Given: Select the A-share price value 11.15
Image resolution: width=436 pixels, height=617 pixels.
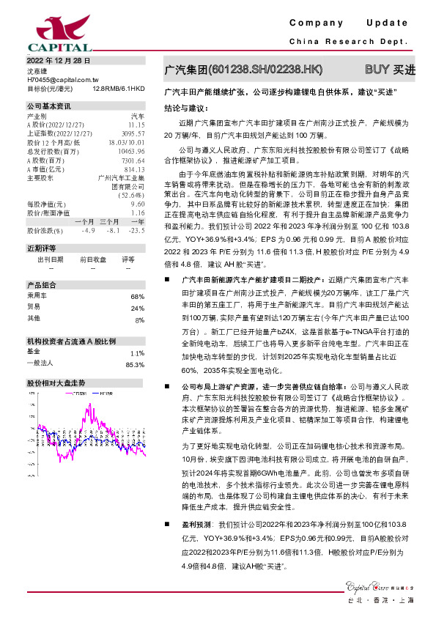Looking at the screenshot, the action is point(136,125).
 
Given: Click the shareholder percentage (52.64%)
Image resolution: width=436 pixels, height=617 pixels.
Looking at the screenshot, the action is point(130,195).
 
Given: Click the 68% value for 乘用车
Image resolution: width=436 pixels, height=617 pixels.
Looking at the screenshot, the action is point(137,295).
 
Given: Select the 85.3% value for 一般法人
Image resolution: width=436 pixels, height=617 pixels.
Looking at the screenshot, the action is point(135,363).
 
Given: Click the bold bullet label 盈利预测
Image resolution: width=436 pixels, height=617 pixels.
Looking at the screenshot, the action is point(197,525).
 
